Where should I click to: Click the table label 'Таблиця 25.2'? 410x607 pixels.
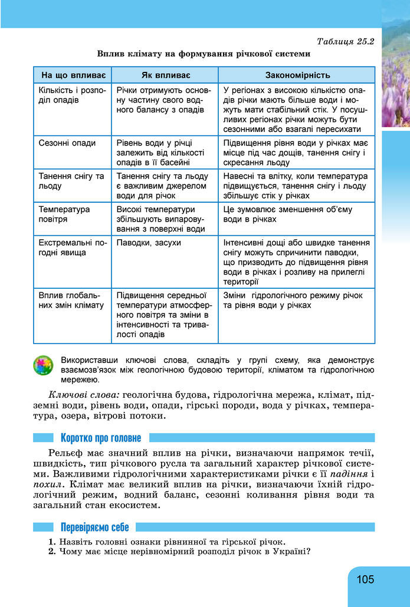tap(346, 42)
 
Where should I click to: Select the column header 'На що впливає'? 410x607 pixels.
tap(72, 75)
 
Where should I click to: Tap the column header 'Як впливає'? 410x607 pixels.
tap(165, 75)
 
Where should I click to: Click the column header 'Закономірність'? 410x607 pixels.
tap(297, 75)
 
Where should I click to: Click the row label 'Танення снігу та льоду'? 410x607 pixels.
tap(71, 181)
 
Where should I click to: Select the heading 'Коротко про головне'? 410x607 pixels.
tap(100, 438)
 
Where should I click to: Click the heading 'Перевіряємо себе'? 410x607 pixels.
tap(94, 527)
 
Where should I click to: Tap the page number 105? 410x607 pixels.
tap(365, 579)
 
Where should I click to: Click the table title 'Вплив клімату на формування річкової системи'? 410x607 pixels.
tap(204, 54)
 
